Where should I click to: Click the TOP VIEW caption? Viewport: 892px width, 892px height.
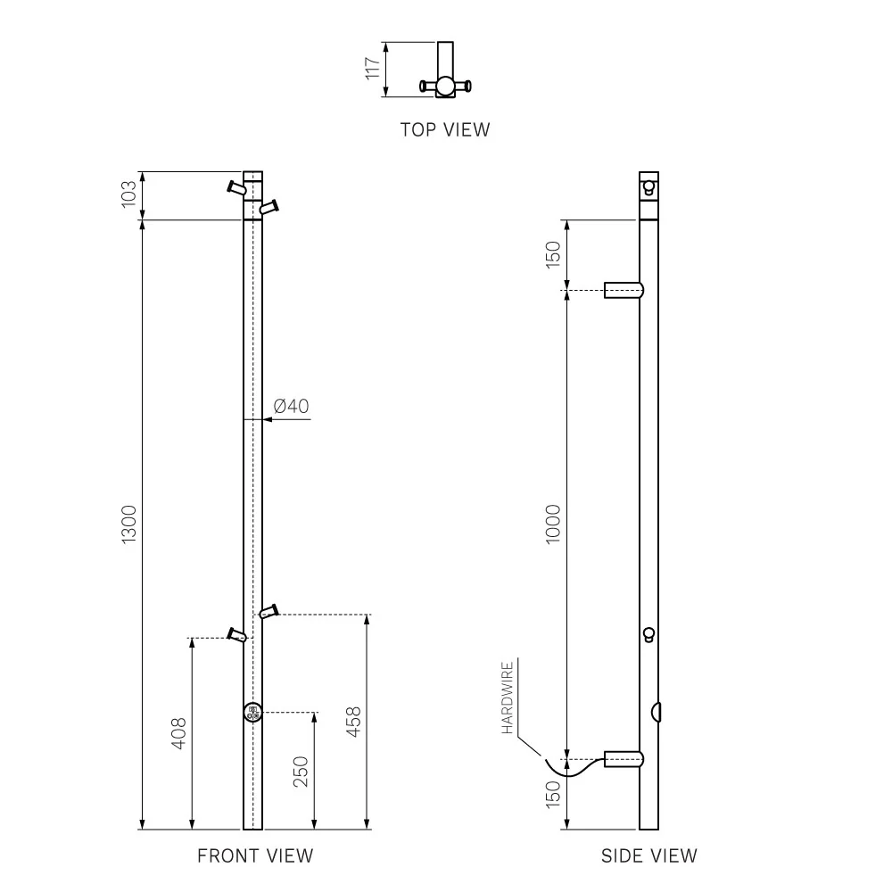(445, 129)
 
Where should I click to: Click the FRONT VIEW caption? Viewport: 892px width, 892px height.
(255, 855)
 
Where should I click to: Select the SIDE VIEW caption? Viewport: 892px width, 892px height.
(649, 855)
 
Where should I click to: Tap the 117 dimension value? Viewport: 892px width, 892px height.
(373, 69)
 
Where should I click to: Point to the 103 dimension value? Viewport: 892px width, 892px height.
(129, 194)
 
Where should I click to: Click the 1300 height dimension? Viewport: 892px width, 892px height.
(129, 524)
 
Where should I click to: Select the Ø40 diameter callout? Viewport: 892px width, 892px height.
(292, 406)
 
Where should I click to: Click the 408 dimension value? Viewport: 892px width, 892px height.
(178, 734)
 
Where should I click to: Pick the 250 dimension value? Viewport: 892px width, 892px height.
(301, 772)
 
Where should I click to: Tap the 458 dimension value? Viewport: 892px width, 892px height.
(354, 722)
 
